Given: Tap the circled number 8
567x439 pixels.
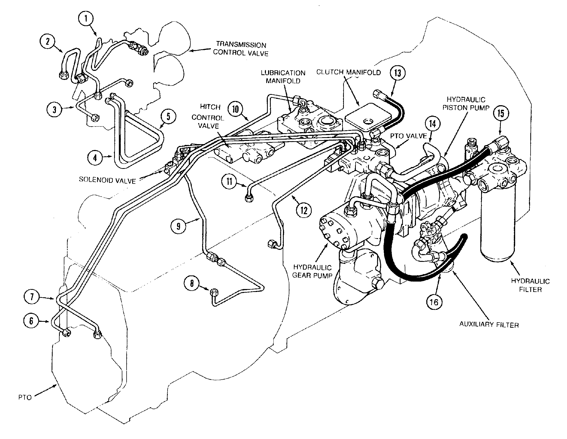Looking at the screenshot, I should tap(192, 283).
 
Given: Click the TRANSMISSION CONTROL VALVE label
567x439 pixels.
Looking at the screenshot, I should tap(240, 49).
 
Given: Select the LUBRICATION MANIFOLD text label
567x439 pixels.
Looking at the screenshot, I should tap(283, 77).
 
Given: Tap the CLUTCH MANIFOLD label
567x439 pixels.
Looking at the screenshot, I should tap(348, 72).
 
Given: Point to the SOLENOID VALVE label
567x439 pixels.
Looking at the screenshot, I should tap(107, 180).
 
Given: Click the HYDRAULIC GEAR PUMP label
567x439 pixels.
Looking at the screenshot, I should tap(312, 271).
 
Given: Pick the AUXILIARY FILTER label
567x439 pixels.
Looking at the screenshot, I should tap(489, 325).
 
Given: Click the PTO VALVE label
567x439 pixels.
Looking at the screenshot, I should tap(408, 136).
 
